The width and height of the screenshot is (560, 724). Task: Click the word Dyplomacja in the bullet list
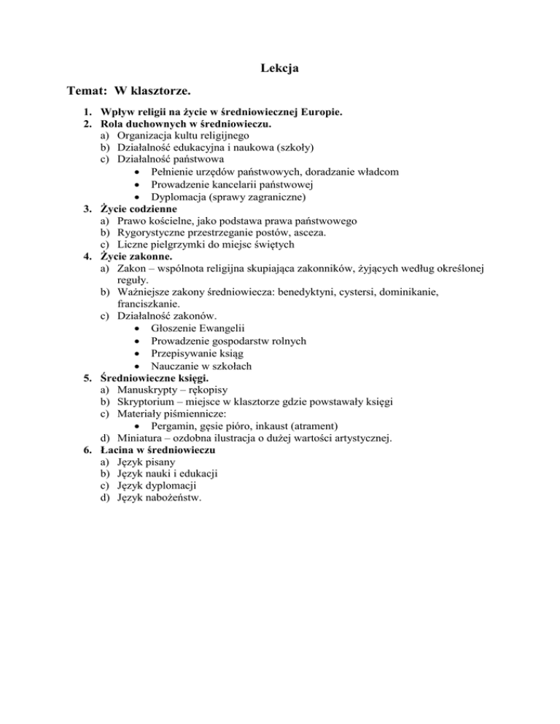tap(179, 197)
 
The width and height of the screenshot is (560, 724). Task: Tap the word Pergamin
tap(176, 425)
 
